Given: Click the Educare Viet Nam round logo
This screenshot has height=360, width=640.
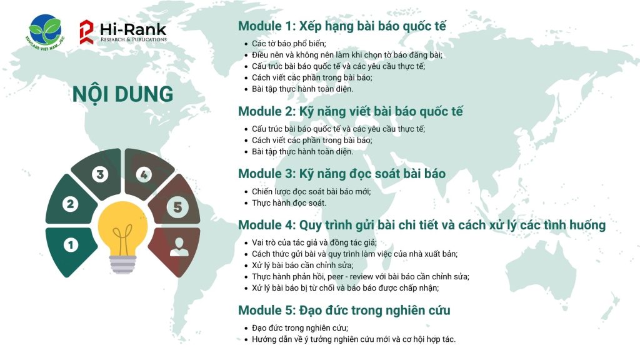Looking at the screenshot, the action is tap(45, 32).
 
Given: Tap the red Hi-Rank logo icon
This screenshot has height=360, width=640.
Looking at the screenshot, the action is tap(86, 32).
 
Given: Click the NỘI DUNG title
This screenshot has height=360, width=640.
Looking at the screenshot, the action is tap(123, 94).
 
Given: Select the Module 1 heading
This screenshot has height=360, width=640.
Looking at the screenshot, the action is tap(342, 26).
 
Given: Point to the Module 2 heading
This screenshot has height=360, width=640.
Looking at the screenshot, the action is tap(351, 111).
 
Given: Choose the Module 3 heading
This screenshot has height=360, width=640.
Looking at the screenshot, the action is tap(342, 174).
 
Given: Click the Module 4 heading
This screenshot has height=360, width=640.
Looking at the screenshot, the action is tap(422, 225).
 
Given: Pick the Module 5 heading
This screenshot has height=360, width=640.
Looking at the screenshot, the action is tap(344, 311).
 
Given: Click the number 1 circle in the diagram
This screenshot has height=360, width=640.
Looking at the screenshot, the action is tap(71, 245).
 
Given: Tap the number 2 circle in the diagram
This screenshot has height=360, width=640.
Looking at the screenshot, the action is tap(70, 204).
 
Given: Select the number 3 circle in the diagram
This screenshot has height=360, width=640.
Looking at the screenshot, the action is tap(100, 174).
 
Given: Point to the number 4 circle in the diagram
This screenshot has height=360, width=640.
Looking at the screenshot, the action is tap(144, 175).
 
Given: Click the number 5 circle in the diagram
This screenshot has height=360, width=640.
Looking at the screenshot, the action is tap(177, 207).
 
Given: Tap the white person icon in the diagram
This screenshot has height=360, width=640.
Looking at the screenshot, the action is tap(179, 246).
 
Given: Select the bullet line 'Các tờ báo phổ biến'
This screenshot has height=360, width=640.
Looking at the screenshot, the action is tap(289, 44).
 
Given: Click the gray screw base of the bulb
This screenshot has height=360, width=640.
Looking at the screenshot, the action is tap(123, 265).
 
